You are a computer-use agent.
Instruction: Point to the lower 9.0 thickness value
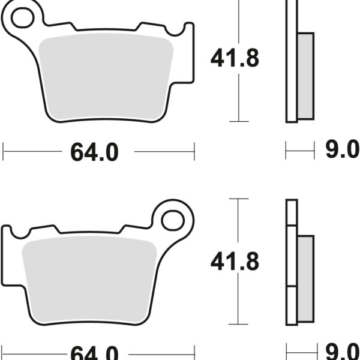coord(341,352)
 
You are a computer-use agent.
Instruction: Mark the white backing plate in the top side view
coord(292,60)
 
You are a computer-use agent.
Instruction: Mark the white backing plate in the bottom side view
coord(292,264)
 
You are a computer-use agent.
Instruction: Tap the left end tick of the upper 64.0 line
coord(4,151)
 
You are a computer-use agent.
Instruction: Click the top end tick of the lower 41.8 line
coord(239,199)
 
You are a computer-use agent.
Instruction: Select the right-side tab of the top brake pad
coord(188,51)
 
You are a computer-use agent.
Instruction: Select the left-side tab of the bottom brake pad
coord(7,252)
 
